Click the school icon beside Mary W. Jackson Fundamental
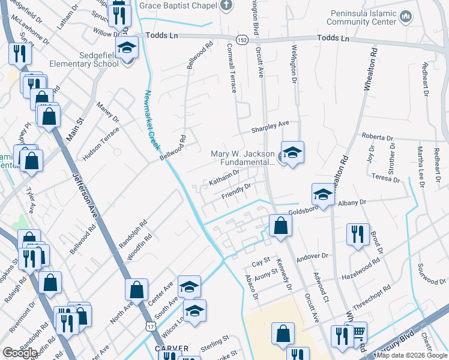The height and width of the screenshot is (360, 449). point(292,153)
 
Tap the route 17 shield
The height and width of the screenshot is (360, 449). point(149,325)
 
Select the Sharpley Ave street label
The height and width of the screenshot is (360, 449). point(270,127)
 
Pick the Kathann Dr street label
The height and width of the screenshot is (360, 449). point(223,177)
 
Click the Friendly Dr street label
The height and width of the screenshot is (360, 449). point(236,191)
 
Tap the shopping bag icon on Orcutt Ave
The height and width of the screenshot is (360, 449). point(280,226)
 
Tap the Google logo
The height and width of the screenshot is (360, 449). point(20,353)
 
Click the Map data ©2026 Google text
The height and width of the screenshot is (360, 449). point(412,355)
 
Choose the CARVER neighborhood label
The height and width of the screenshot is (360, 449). point(172,348)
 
